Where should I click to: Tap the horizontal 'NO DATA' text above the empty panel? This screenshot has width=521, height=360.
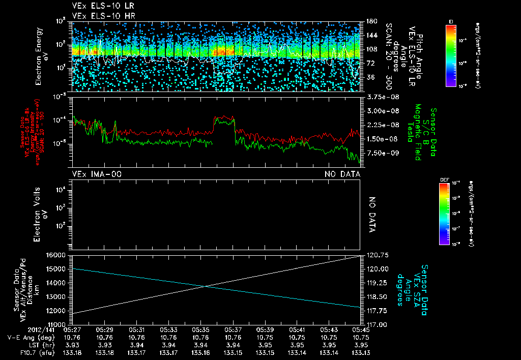(x=342, y=174)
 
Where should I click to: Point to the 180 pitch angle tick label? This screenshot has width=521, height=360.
(x=370, y=21)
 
